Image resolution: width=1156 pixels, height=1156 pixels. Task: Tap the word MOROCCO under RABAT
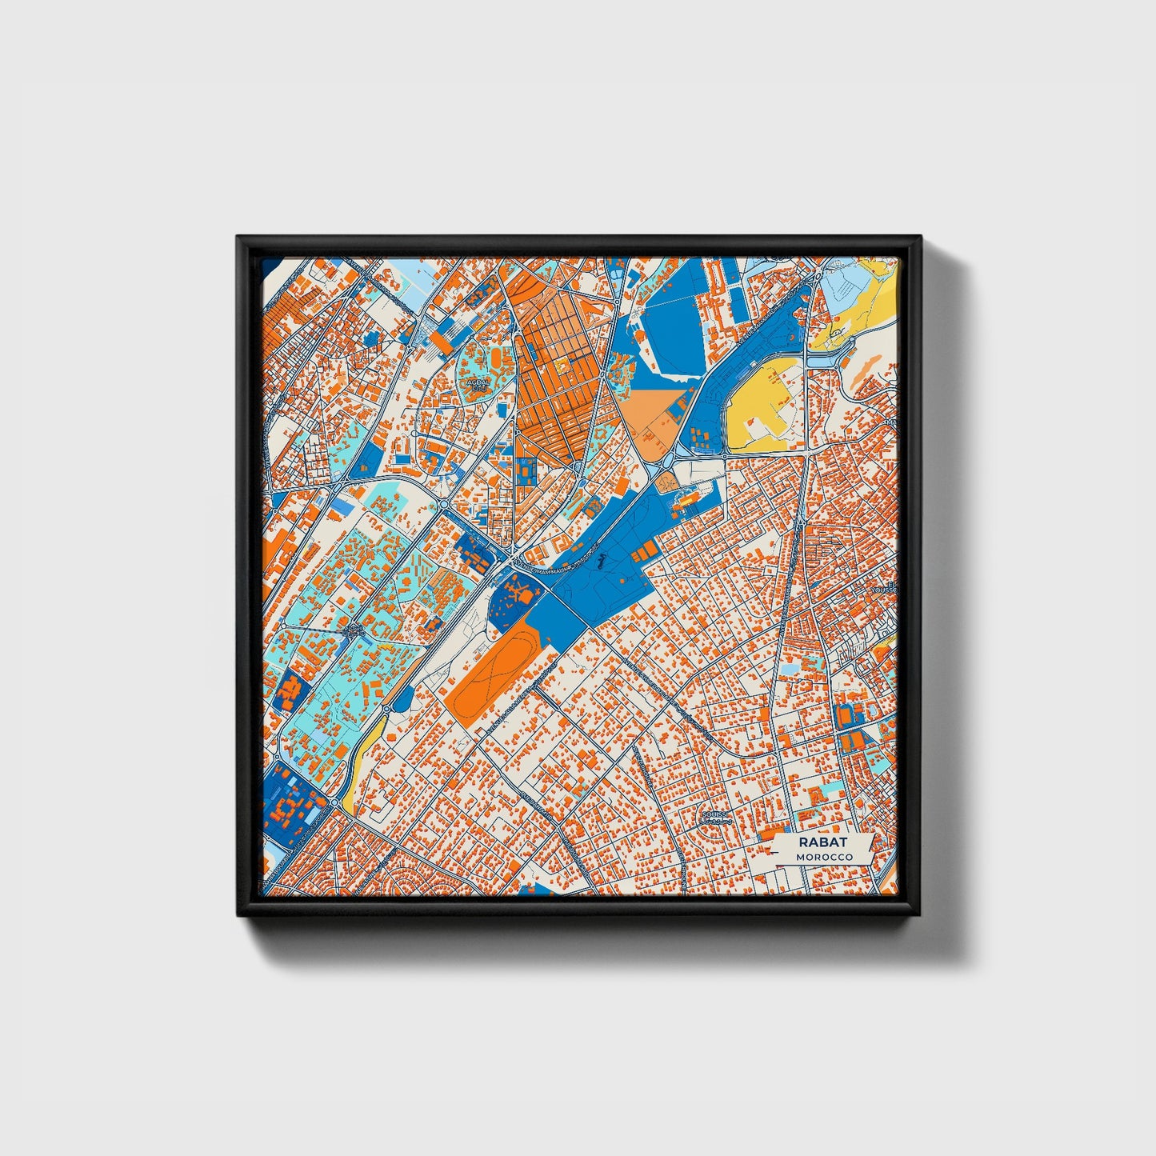tap(824, 856)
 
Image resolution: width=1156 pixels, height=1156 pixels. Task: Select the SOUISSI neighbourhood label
tap(715, 816)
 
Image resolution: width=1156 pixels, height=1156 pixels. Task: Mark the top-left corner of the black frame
tap(238, 238)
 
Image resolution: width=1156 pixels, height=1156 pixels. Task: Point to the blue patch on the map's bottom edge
tap(527, 890)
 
